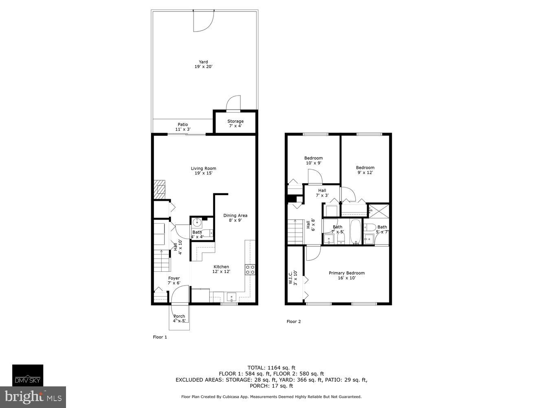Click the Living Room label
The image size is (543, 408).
pos(203,171)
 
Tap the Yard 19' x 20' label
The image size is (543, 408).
pos(203,64)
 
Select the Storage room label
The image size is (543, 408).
pos(235,123)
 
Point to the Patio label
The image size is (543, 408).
pos(183,127)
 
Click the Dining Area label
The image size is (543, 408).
pos(235,218)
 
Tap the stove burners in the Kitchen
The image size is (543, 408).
pos(250,269)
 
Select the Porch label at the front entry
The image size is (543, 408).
pos(179,318)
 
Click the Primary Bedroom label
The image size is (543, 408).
pos(347,275)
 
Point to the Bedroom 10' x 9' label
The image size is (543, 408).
pos(314,160)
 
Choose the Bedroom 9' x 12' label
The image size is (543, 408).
pos(365,170)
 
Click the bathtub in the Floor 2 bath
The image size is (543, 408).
pos(356,232)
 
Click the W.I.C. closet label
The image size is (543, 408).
pos(293,278)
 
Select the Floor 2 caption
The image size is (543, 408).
pos(294,322)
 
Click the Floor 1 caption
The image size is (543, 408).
pos(160,337)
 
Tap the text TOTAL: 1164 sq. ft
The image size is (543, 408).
pos(271,367)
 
